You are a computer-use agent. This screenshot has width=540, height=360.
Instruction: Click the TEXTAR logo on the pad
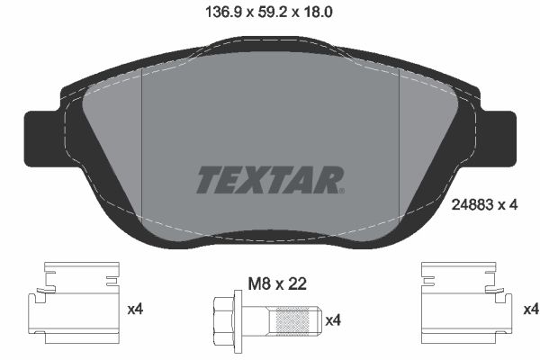(269, 177)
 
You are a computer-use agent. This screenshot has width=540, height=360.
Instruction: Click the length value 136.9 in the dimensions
(213, 12)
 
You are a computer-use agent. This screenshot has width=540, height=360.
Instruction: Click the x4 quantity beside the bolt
(332, 319)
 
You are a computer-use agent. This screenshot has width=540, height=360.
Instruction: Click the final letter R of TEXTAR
(330, 178)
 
